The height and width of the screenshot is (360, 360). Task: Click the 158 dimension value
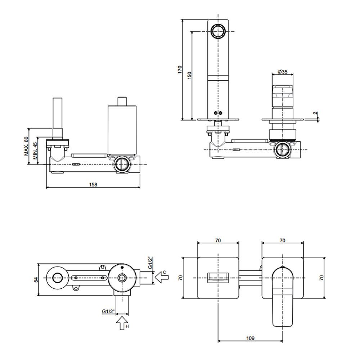tap(93, 184)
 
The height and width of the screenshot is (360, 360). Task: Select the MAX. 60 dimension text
tap(26, 146)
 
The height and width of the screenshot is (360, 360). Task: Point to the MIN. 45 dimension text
tap(35, 150)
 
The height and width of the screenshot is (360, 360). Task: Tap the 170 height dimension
tap(180, 69)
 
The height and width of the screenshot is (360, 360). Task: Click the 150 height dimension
tap(189, 76)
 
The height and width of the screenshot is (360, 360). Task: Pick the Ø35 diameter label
tap(283, 72)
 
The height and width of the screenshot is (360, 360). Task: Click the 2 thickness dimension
tap(316, 113)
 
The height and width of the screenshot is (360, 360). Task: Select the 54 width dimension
tap(36, 279)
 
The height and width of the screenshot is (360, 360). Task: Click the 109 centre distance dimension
tap(250, 338)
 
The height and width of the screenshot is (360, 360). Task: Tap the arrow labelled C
tap(162, 277)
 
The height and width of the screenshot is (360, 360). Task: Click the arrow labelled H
tap(122, 323)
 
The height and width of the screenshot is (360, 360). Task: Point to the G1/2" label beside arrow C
tap(150, 263)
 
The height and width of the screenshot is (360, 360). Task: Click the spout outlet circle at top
tap(218, 31)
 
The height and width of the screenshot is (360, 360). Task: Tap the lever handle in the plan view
tap(283, 296)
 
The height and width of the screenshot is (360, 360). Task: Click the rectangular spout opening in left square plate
tap(218, 278)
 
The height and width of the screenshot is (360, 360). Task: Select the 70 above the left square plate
tap(218, 240)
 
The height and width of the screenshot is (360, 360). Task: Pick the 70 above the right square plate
tap(283, 240)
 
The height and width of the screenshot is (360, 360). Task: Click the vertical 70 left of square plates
tap(181, 278)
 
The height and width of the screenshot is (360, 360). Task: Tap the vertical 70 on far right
tap(321, 278)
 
